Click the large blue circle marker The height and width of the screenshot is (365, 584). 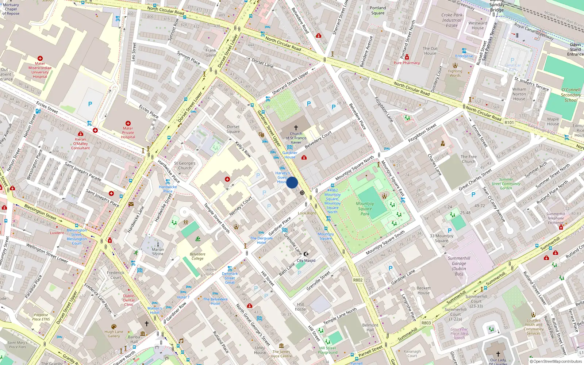click(x=292, y=182)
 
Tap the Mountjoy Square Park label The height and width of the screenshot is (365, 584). click(x=365, y=209)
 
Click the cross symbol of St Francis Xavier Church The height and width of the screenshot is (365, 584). click(x=296, y=128)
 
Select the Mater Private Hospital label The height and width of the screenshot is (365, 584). click(x=128, y=132)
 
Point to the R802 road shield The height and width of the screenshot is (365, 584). click(x=358, y=280)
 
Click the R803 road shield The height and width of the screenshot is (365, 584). click(x=426, y=323)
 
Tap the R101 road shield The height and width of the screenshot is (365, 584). click(x=509, y=123)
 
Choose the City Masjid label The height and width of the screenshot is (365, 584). click(x=306, y=260)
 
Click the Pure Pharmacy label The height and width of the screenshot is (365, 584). click(x=407, y=63)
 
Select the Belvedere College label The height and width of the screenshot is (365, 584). click(x=197, y=256)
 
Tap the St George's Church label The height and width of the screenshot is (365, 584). click(x=185, y=166)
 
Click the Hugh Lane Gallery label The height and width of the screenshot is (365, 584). click(x=114, y=334)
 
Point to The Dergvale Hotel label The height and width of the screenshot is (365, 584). click(x=261, y=240)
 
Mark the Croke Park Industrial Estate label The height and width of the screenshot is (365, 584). click(x=452, y=20)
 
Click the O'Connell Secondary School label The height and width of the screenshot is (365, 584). click(x=571, y=95)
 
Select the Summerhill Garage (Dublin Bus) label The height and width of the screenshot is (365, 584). click(x=459, y=266)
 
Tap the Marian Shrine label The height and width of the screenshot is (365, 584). click(x=158, y=251)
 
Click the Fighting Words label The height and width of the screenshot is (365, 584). click(x=455, y=73)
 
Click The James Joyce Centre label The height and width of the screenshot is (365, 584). click(x=281, y=354)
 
